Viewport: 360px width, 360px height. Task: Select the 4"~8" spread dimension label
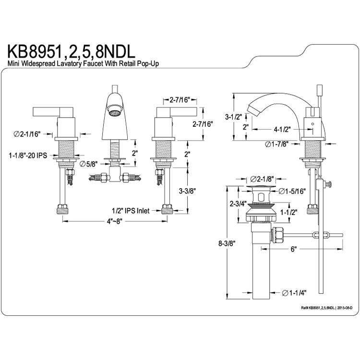point(115,221)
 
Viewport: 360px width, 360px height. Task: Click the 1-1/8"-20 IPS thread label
point(28,156)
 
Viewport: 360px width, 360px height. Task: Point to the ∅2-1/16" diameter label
point(27,134)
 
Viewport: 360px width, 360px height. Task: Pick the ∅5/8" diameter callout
point(89,164)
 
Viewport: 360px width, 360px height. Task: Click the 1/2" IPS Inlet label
point(131,211)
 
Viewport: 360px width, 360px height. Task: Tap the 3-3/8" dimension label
point(187,191)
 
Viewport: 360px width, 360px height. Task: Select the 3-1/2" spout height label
point(233,117)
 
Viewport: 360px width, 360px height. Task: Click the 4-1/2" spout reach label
point(282,130)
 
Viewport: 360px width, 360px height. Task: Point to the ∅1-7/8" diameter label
point(276,144)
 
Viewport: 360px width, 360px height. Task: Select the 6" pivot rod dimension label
point(294,249)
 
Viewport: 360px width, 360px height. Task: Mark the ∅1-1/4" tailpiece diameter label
point(294,293)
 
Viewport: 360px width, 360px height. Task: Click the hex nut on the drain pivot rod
point(277,235)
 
